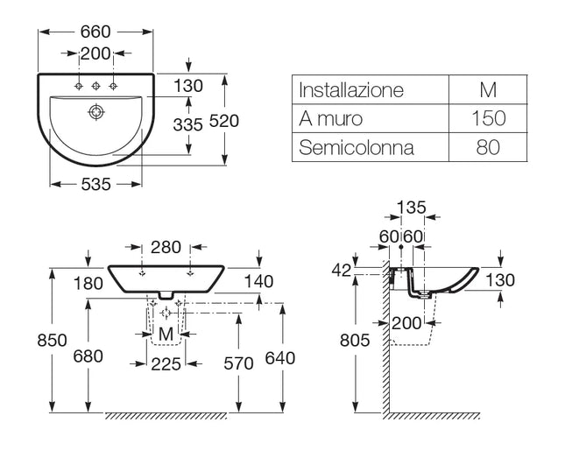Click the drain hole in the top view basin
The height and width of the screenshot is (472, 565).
pos(95,112)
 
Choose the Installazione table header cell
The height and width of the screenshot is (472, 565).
pos(351,90)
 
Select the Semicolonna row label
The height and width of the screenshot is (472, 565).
pos(357,147)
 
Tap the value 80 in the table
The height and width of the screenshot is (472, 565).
pos(488,147)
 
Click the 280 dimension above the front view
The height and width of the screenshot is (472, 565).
pos(165,248)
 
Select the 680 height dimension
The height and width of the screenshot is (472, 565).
pos(88,356)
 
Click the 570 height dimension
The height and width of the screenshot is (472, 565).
pos(238,360)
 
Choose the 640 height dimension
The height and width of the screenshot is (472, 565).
pos(281,358)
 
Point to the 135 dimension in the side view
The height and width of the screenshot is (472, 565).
pos(410,208)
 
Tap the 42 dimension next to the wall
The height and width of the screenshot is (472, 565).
pos(342,271)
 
